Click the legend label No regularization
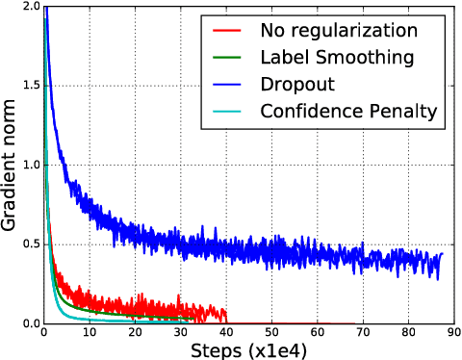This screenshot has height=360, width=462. (345, 31)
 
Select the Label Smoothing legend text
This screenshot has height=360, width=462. (337, 58)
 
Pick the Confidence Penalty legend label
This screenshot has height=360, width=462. (349, 112)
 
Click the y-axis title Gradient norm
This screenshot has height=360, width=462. (11, 165)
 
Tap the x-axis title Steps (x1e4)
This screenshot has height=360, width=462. (248, 349)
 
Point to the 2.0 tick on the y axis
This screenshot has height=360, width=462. (29, 7)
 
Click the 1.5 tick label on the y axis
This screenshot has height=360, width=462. (29, 86)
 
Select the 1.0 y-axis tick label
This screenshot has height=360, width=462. (29, 165)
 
